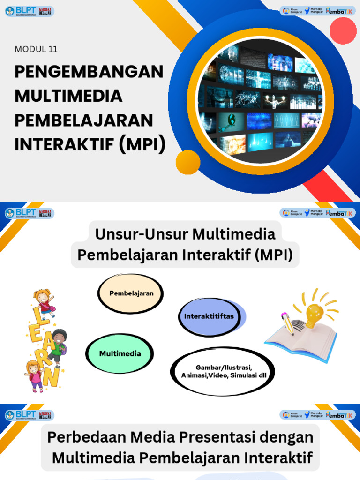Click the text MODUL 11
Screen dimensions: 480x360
pos(36,49)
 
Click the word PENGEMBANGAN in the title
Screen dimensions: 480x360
pos(89,72)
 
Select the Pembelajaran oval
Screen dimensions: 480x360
pos(131,293)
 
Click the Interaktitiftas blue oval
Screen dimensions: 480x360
pos(209,316)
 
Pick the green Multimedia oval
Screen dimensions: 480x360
pos(120,354)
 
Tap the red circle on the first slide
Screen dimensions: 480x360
pos(343,30)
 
